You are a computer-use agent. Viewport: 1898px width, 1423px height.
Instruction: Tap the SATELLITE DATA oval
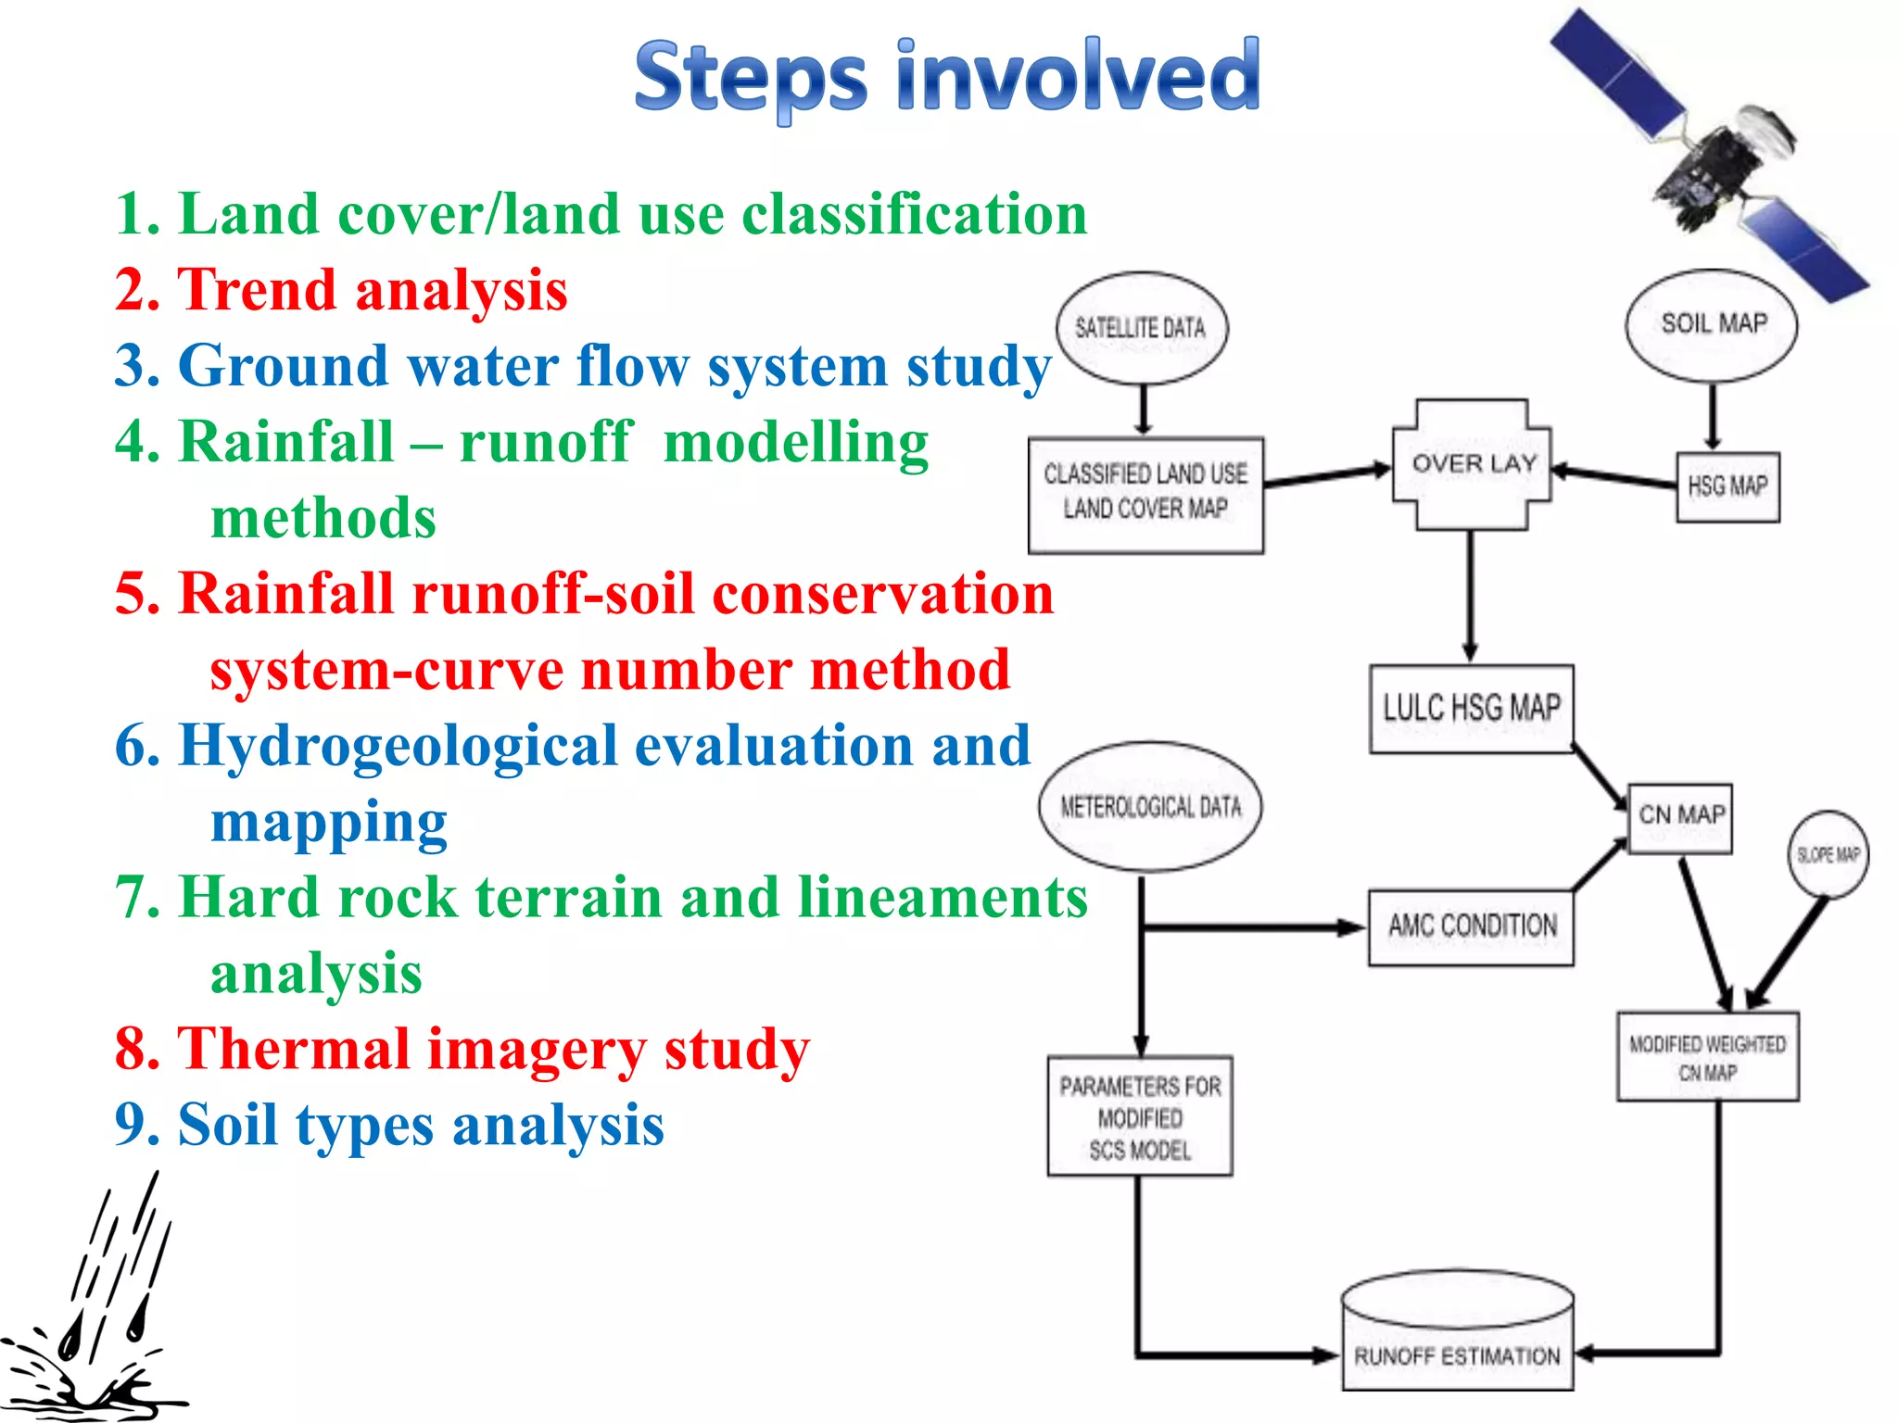point(1142,328)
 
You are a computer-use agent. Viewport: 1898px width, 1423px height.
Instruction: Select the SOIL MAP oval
point(1713,324)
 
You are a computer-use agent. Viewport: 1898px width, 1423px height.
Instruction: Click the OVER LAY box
point(1472,464)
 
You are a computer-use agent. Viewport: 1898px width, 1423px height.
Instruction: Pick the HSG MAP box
point(1727,487)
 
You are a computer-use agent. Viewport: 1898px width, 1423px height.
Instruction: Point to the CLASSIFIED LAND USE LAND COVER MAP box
point(1145,494)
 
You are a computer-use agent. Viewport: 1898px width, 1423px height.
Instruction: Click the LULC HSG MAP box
point(1472,709)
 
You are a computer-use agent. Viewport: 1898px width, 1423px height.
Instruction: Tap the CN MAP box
point(1680,817)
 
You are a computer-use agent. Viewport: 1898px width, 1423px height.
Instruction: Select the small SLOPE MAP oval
point(1828,855)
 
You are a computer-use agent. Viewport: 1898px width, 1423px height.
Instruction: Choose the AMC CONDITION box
point(1472,927)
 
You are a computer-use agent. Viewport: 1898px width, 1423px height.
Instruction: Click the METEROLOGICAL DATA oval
point(1150,807)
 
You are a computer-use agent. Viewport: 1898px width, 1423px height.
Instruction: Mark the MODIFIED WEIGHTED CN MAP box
point(1707,1057)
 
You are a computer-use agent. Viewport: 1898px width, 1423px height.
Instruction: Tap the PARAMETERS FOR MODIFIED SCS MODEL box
point(1140,1116)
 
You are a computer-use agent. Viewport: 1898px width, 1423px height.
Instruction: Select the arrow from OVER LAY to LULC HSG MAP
point(1470,593)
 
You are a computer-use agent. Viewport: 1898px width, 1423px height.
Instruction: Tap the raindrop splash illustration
point(93,1316)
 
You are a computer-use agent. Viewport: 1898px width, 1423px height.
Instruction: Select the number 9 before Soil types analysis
point(131,1125)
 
